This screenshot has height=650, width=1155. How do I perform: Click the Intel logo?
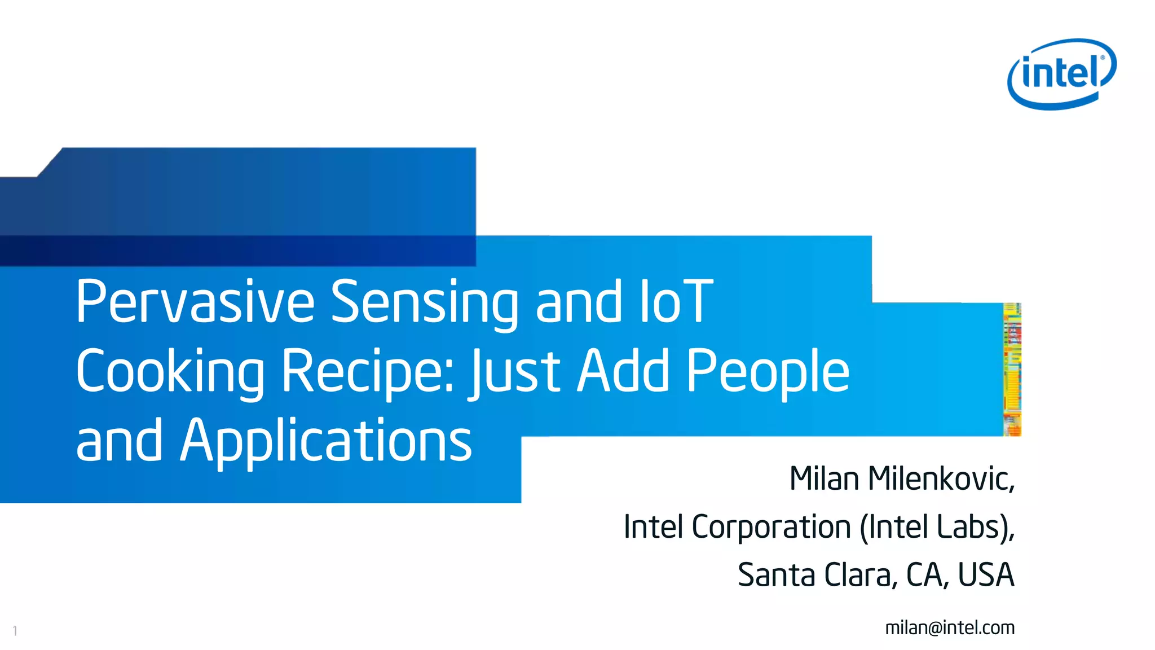1061,73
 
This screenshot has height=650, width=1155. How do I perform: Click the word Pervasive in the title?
195,302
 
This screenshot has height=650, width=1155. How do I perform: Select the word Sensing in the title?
424,303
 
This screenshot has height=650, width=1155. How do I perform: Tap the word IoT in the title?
676,302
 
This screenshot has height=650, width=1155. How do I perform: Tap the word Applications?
326,442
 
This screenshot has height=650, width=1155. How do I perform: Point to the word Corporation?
771,527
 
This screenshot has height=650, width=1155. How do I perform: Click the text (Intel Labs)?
936,528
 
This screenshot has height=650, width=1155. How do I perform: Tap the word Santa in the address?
776,575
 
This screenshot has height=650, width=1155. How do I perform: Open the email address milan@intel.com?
950,627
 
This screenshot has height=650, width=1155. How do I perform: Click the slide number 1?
15,631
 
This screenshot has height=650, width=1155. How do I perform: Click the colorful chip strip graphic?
1012,370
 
